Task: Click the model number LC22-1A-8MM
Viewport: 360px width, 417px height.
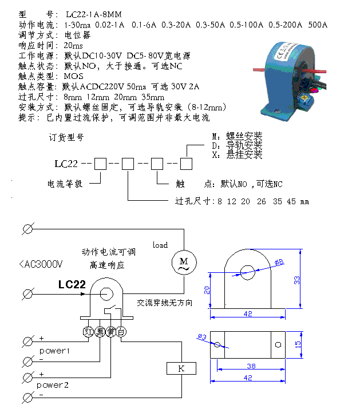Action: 94,14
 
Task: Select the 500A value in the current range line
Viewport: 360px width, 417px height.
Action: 318,25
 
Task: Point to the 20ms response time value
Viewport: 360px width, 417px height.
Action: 73,46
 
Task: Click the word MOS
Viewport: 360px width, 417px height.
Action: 73,76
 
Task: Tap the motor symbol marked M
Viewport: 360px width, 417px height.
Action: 184,263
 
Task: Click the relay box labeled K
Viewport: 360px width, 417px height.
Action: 181,368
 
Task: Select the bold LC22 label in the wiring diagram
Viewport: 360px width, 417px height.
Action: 72,284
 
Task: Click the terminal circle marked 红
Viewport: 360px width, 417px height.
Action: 88,332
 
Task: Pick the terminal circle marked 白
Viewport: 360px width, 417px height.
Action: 121,332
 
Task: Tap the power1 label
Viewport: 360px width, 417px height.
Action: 54,351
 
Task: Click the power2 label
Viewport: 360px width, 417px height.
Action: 53,385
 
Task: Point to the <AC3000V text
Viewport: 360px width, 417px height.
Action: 41,264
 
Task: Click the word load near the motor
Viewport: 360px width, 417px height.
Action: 160,245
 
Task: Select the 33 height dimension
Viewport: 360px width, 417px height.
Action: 296,280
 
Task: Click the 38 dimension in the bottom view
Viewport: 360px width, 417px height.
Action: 251,366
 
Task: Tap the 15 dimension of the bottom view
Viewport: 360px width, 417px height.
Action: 298,345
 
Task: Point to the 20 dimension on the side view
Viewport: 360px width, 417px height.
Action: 207,290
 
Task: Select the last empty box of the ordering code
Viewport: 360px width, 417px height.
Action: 186,164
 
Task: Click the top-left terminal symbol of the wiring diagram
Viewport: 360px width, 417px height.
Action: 27,229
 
